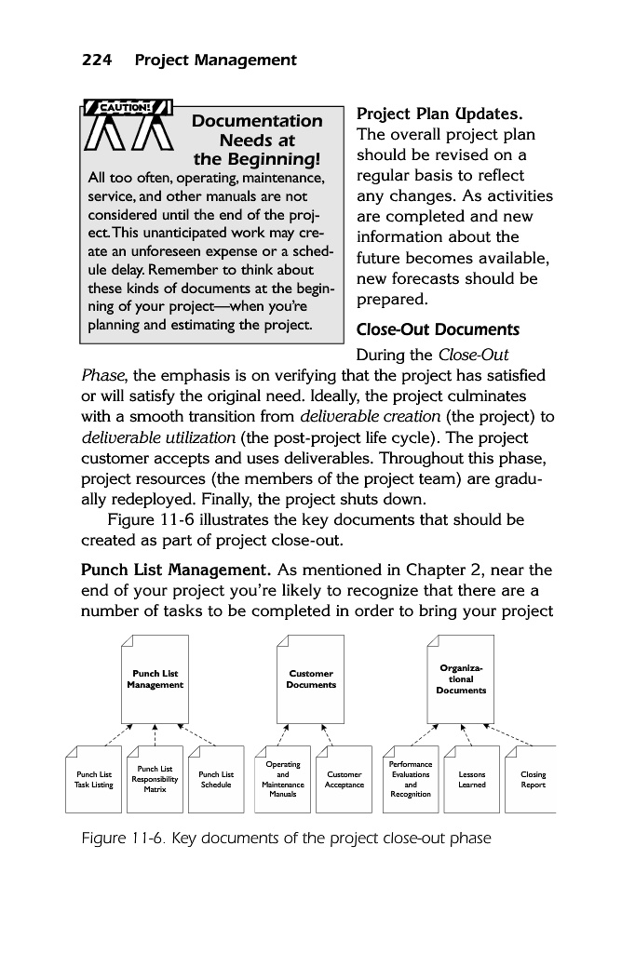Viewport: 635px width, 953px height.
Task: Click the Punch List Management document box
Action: (155, 679)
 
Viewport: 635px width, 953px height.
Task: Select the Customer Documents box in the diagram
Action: (311, 679)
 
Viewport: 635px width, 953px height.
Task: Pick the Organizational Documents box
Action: (461, 679)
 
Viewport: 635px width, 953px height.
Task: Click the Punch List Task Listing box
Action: (94, 780)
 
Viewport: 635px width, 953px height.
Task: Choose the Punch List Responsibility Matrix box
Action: (155, 780)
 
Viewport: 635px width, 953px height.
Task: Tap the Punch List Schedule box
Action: (216, 780)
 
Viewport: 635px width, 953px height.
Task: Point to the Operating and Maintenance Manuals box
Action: (282, 780)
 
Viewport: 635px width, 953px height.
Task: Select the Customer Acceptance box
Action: (344, 780)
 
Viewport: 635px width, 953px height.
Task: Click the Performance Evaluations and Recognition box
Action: (411, 780)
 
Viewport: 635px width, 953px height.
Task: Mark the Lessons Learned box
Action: (472, 780)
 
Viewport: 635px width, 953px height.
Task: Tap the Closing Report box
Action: (533, 780)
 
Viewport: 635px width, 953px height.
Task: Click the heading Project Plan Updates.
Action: (439, 114)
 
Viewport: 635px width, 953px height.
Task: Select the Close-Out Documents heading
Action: (438, 330)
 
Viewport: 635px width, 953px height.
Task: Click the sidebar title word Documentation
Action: (257, 121)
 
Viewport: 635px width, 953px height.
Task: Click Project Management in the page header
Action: (215, 60)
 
